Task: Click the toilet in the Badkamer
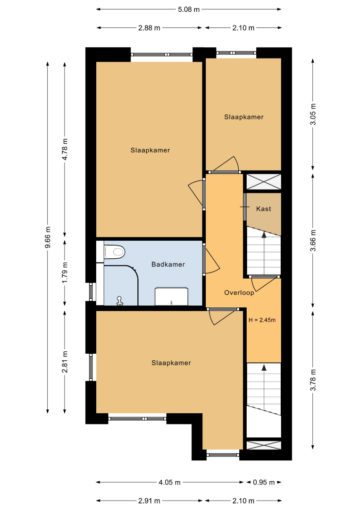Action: point(115,252)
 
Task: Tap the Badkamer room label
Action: point(168,264)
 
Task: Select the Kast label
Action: point(263,209)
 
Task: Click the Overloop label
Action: point(239,293)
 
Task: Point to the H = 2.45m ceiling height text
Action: point(262,320)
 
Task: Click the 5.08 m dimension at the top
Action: point(189,9)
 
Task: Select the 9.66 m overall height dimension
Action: point(48,237)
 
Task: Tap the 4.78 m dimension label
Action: point(65,149)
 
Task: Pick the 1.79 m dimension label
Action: point(65,272)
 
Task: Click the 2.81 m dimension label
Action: point(65,362)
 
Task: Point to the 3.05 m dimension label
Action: point(313,114)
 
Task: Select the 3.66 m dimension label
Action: point(313,241)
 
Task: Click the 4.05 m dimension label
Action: point(169,482)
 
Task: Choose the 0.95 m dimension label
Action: point(264,482)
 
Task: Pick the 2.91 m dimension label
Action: point(149,501)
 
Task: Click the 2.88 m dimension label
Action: point(149,28)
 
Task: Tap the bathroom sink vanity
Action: point(171,296)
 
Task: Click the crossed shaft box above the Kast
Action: point(263,182)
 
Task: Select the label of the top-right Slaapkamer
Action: point(243,117)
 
